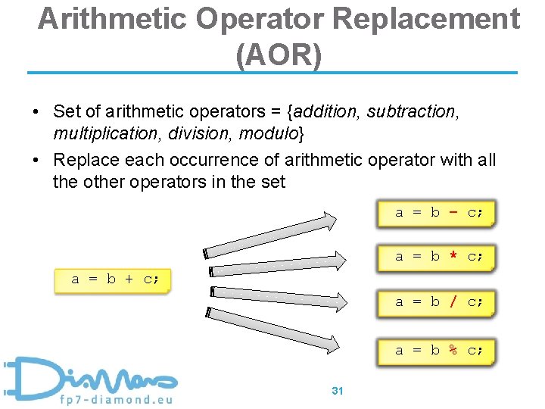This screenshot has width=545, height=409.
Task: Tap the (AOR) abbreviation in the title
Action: click(279, 55)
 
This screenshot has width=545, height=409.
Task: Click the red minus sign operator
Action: click(453, 213)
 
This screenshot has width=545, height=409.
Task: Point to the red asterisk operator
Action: click(453, 256)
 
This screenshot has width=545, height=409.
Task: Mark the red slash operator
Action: click(453, 302)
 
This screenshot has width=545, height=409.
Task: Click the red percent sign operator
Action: click(453, 350)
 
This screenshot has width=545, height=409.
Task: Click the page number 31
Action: click(338, 391)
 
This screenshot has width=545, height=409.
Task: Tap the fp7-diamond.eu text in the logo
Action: click(118, 398)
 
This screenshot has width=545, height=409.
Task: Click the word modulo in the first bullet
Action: click(269, 134)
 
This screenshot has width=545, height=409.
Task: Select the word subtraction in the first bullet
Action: click(412, 112)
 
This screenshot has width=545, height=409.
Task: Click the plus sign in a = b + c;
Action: click(129, 279)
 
